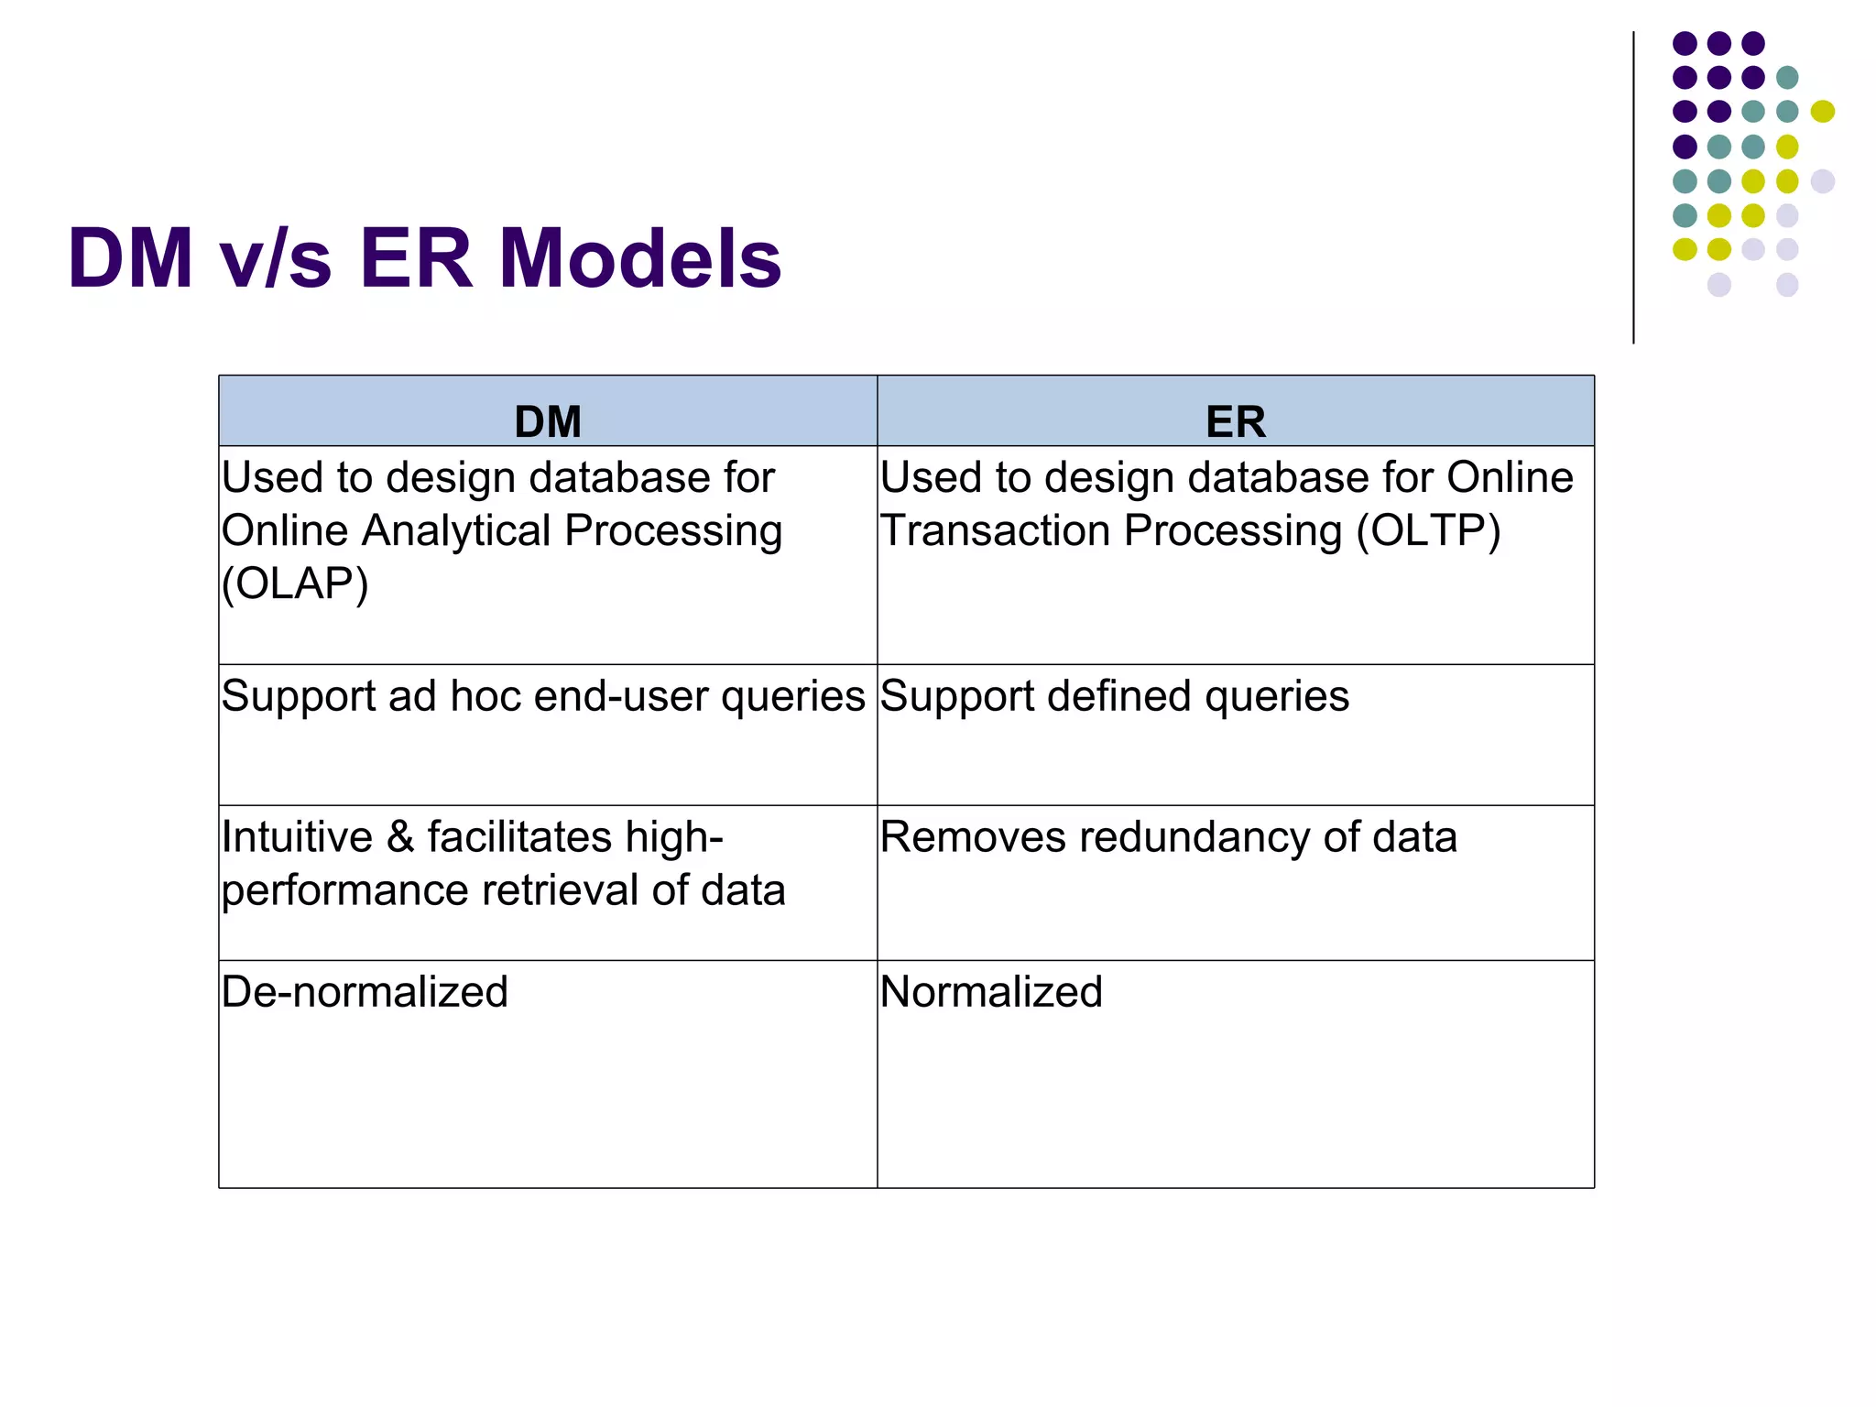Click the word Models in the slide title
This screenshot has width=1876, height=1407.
639,258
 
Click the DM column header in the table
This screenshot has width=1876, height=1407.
548,421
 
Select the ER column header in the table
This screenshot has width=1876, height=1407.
1235,421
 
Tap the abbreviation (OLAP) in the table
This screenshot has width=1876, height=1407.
295,584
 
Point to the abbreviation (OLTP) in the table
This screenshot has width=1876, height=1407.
1428,530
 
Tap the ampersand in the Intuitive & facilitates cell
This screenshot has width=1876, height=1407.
399,837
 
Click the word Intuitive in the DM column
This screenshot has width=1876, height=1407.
297,837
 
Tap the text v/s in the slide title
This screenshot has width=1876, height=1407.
275,258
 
